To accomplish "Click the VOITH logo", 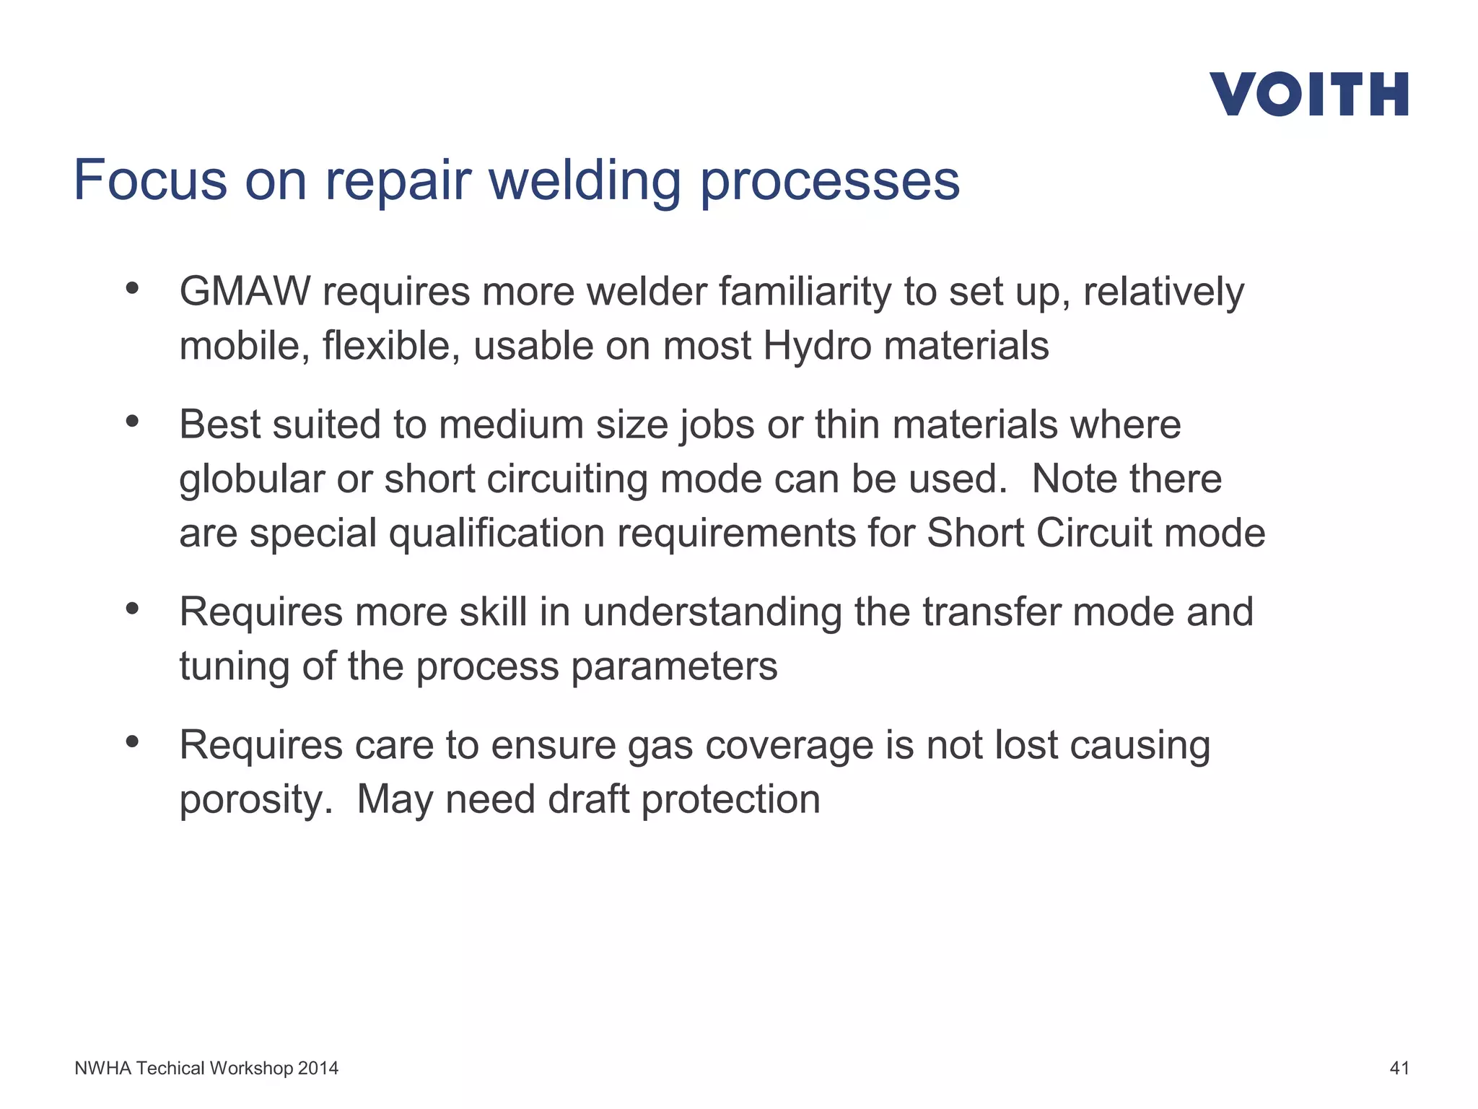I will [x=1308, y=94].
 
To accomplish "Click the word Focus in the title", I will [x=149, y=181].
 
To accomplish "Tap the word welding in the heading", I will [x=585, y=181].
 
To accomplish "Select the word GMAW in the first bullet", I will [x=245, y=292].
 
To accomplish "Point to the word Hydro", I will [x=817, y=346].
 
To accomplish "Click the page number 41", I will [x=1399, y=1068].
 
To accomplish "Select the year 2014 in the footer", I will [x=318, y=1068].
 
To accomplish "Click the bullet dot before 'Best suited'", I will [x=131, y=421].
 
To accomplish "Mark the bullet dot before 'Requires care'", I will [x=131, y=741].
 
